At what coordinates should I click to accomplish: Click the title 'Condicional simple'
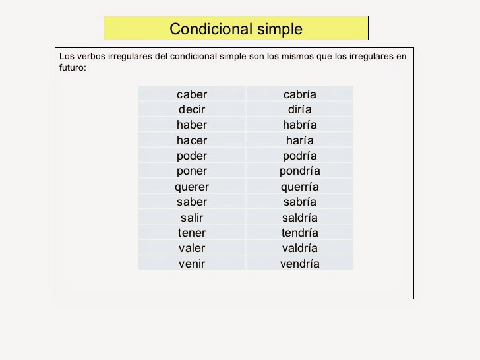point(235,29)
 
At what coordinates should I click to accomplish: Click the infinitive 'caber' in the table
point(192,94)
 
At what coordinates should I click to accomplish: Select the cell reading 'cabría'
point(299,94)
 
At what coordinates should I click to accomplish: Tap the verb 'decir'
point(192,109)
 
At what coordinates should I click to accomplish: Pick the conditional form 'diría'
point(299,109)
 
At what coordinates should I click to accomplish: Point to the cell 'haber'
point(192,125)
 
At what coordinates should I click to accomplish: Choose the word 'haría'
point(299,140)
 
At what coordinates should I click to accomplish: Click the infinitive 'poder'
point(192,156)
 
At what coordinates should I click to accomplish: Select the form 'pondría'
point(299,171)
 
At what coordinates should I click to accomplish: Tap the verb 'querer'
point(192,187)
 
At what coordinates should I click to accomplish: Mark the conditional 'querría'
point(299,187)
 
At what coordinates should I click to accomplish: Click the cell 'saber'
point(192,202)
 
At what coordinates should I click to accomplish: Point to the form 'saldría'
point(299,218)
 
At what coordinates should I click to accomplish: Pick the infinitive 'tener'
point(192,233)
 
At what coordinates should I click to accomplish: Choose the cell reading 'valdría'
point(299,249)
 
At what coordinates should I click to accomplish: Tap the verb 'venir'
point(192,264)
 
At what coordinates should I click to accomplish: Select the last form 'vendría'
point(299,264)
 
